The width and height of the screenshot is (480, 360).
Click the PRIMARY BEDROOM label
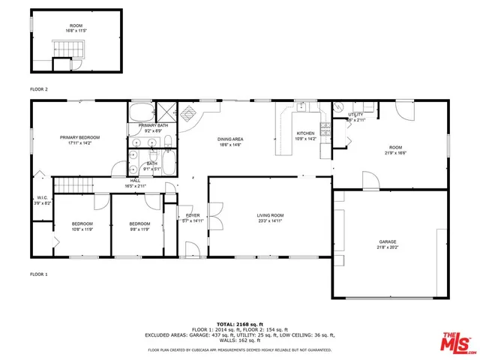click(x=79, y=137)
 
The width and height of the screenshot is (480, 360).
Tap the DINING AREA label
click(x=229, y=139)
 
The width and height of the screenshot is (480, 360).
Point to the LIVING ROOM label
click(x=271, y=215)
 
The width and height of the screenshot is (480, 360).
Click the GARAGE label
click(x=387, y=242)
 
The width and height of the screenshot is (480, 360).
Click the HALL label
click(x=136, y=180)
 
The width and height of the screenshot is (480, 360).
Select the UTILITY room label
click(x=355, y=115)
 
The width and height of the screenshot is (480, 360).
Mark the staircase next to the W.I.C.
click(x=73, y=185)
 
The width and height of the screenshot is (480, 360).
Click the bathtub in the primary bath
click(x=141, y=113)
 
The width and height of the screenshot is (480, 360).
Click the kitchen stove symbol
click(x=325, y=128)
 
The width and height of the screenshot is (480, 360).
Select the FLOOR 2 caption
click(x=39, y=89)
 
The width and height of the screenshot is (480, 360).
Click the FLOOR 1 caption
click(x=39, y=274)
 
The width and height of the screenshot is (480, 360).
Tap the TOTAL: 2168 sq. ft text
click(x=239, y=323)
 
